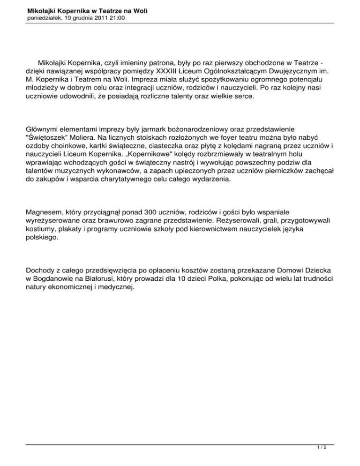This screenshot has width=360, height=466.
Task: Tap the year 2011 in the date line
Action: coord(99,18)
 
